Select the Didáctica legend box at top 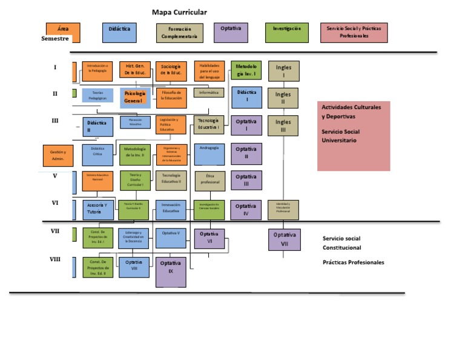pos(119,33)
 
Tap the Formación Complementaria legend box pos(179,33)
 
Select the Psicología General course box pos(135,98)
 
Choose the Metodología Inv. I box pos(246,70)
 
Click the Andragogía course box pos(209,154)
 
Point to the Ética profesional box pos(209,180)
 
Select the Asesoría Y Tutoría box pos(97,209)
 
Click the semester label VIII pos(55,259)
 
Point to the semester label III pos(55,121)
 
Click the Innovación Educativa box pos(171,209)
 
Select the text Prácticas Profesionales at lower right pos(353,262)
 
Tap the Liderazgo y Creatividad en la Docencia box pos(134,237)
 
